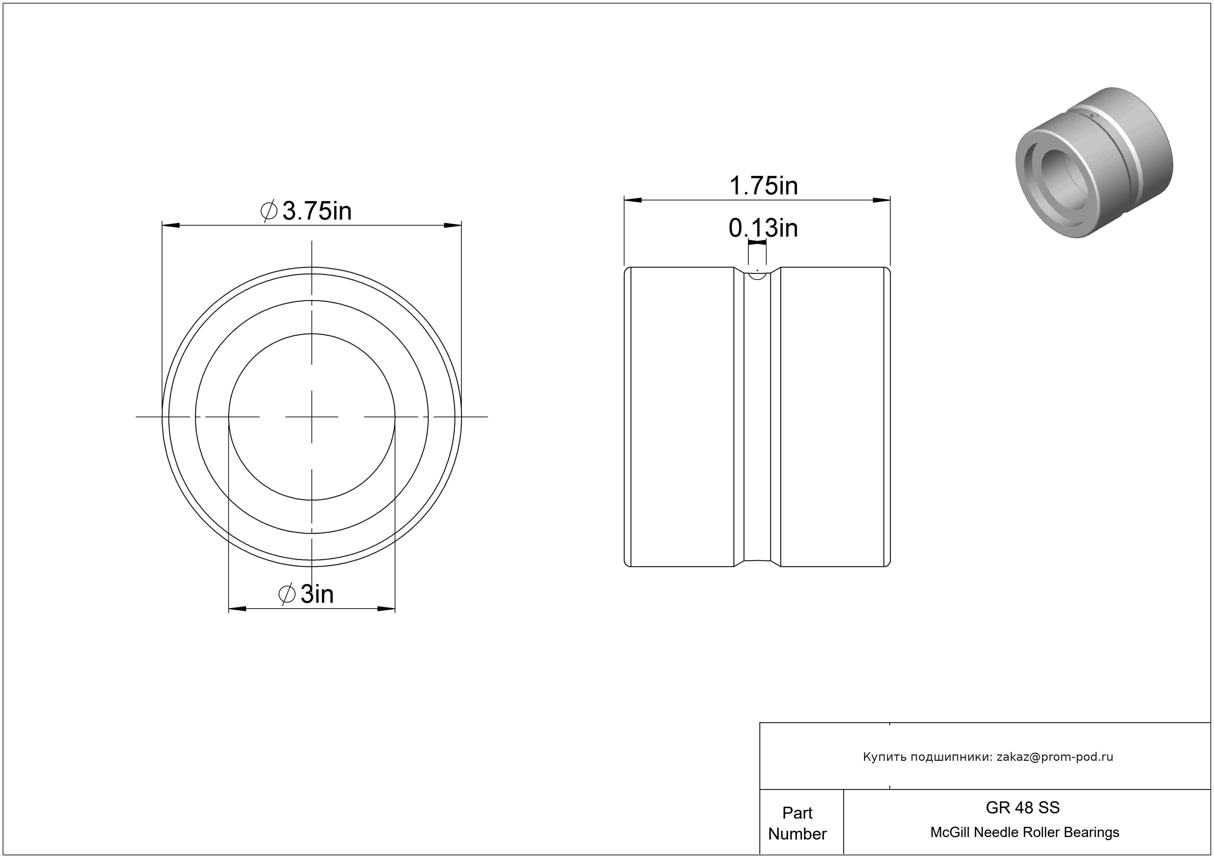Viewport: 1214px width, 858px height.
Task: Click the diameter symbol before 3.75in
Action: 269,211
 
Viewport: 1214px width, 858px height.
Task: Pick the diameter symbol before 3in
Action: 287,594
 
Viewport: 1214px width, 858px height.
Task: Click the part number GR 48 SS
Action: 1022,808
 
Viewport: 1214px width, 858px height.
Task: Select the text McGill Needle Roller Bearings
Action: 1025,832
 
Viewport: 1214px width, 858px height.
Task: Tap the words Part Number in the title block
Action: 797,823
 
